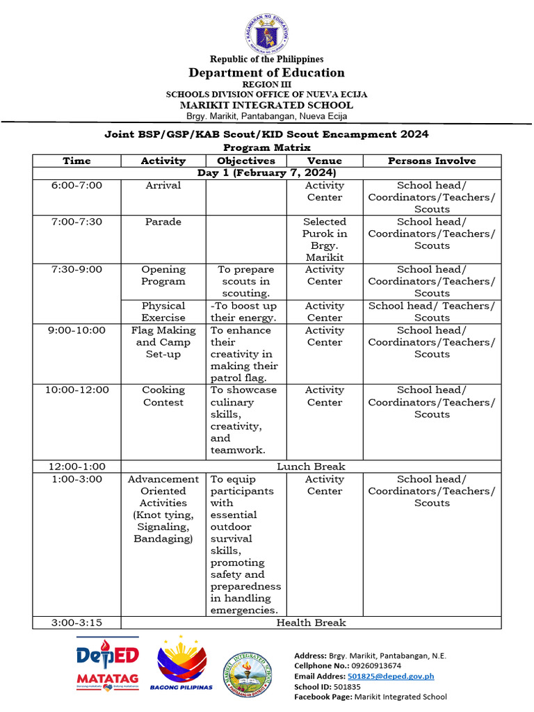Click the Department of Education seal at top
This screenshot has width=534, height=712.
click(266, 33)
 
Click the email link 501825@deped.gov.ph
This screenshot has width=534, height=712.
click(391, 676)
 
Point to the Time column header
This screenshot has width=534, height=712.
click(76, 161)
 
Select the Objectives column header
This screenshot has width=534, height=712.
click(246, 161)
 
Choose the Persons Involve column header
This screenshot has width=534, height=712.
click(432, 161)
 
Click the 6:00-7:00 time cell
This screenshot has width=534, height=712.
click(76, 186)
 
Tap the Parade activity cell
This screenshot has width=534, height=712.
click(163, 222)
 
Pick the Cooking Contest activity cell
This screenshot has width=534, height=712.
click(163, 396)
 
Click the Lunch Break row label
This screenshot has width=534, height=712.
click(311, 467)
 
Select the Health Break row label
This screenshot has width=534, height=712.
click(311, 622)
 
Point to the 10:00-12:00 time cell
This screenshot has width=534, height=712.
click(76, 390)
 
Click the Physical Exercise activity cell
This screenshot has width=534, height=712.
click(163, 311)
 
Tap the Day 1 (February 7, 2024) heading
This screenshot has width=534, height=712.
click(266, 172)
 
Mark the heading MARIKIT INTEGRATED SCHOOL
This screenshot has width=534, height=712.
click(266, 105)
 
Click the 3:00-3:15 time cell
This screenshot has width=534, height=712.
click(76, 622)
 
